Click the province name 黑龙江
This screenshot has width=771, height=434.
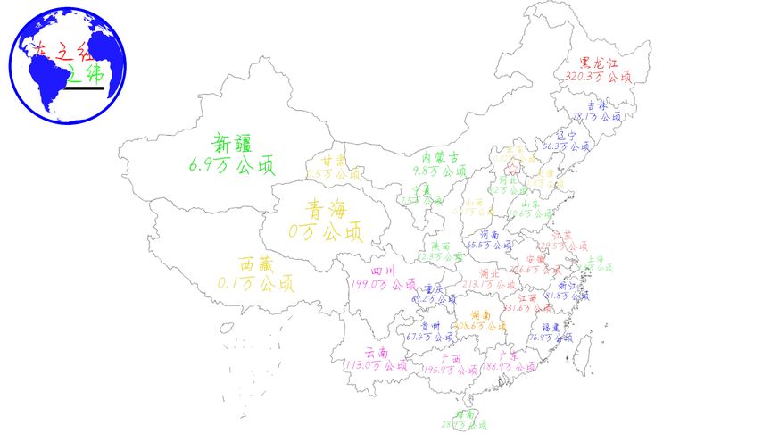598,63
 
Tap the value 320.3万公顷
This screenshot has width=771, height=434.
598,78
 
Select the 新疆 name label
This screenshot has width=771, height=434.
232,143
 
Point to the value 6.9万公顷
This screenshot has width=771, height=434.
232,165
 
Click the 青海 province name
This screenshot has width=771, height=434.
326,210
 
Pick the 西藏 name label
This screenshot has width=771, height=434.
255,265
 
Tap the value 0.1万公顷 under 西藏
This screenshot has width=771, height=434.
255,284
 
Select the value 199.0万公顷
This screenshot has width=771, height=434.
382,285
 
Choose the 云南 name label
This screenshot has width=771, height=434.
377,353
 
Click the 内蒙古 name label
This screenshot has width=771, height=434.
440,157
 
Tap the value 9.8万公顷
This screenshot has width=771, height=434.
439,171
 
